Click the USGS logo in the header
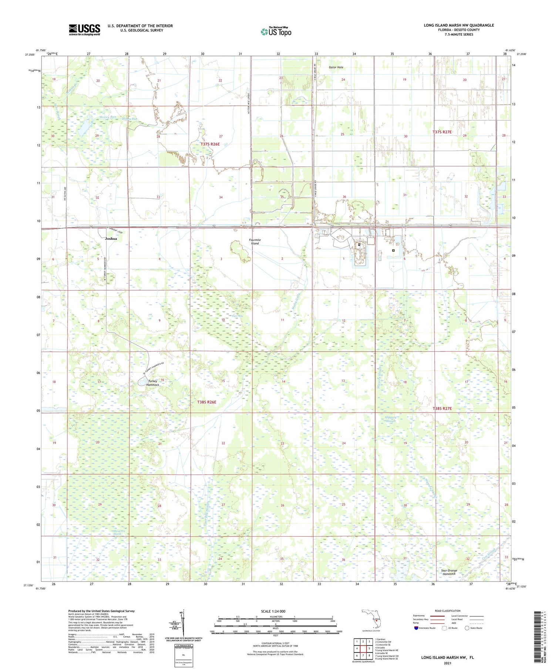click(84, 30)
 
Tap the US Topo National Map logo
click(276, 31)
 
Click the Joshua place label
click(111, 239)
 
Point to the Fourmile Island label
click(255, 242)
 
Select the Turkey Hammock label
click(153, 383)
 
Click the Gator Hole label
click(336, 67)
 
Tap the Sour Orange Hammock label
click(449, 572)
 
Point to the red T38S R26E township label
click(206, 402)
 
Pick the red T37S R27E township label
click(442, 132)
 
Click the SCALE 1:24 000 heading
click(273, 611)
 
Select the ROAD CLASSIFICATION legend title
click(448, 611)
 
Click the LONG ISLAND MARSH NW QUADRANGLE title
click(458, 25)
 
